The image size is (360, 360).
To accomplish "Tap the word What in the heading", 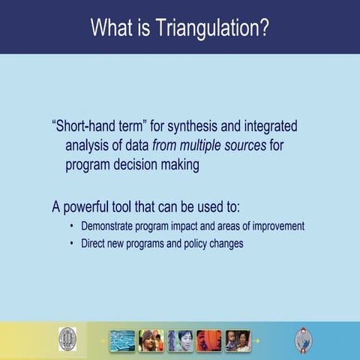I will (x=112, y=28).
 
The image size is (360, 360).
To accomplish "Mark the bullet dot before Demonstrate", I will (x=71, y=226).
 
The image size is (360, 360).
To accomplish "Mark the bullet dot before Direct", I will (x=71, y=244).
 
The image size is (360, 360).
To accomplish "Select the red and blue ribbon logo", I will (x=304, y=340).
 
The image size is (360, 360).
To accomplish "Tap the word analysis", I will (x=87, y=145).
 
